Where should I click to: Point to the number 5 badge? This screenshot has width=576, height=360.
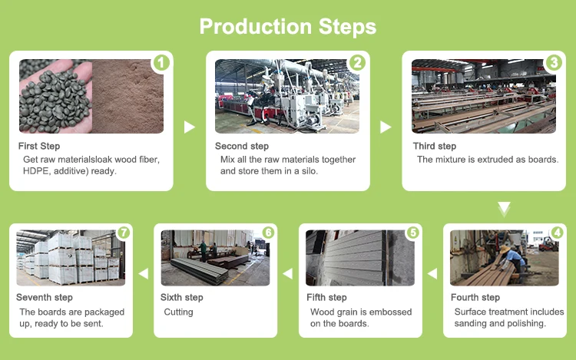(412, 233)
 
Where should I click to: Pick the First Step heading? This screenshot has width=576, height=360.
(39, 146)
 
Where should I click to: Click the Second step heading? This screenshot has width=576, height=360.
(242, 146)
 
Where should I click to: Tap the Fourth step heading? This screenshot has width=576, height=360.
(475, 298)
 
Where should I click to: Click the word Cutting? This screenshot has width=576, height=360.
(178, 312)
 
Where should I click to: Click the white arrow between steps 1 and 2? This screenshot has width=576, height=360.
(190, 127)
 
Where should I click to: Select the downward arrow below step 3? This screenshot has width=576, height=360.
(503, 208)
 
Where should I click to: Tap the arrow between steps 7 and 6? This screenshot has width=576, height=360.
(143, 273)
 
